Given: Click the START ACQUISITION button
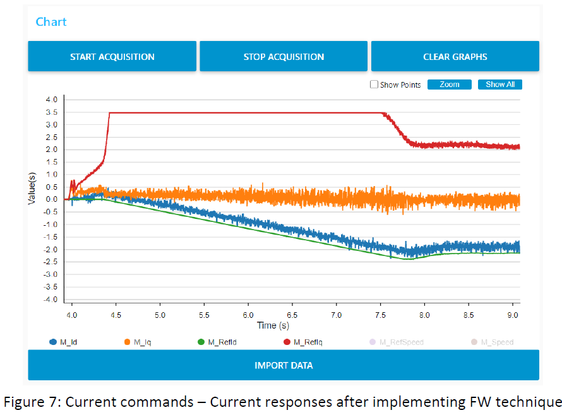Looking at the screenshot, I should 112,57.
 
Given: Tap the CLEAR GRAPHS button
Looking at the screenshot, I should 455,57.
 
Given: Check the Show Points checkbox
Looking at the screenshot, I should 374,85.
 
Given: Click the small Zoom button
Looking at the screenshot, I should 449,85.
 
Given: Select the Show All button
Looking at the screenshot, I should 499,85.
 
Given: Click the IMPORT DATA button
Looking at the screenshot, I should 284,366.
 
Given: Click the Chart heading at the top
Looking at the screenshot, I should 51,22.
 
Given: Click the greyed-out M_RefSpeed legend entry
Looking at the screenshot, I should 397,342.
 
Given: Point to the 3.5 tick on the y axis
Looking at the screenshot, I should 51,112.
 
